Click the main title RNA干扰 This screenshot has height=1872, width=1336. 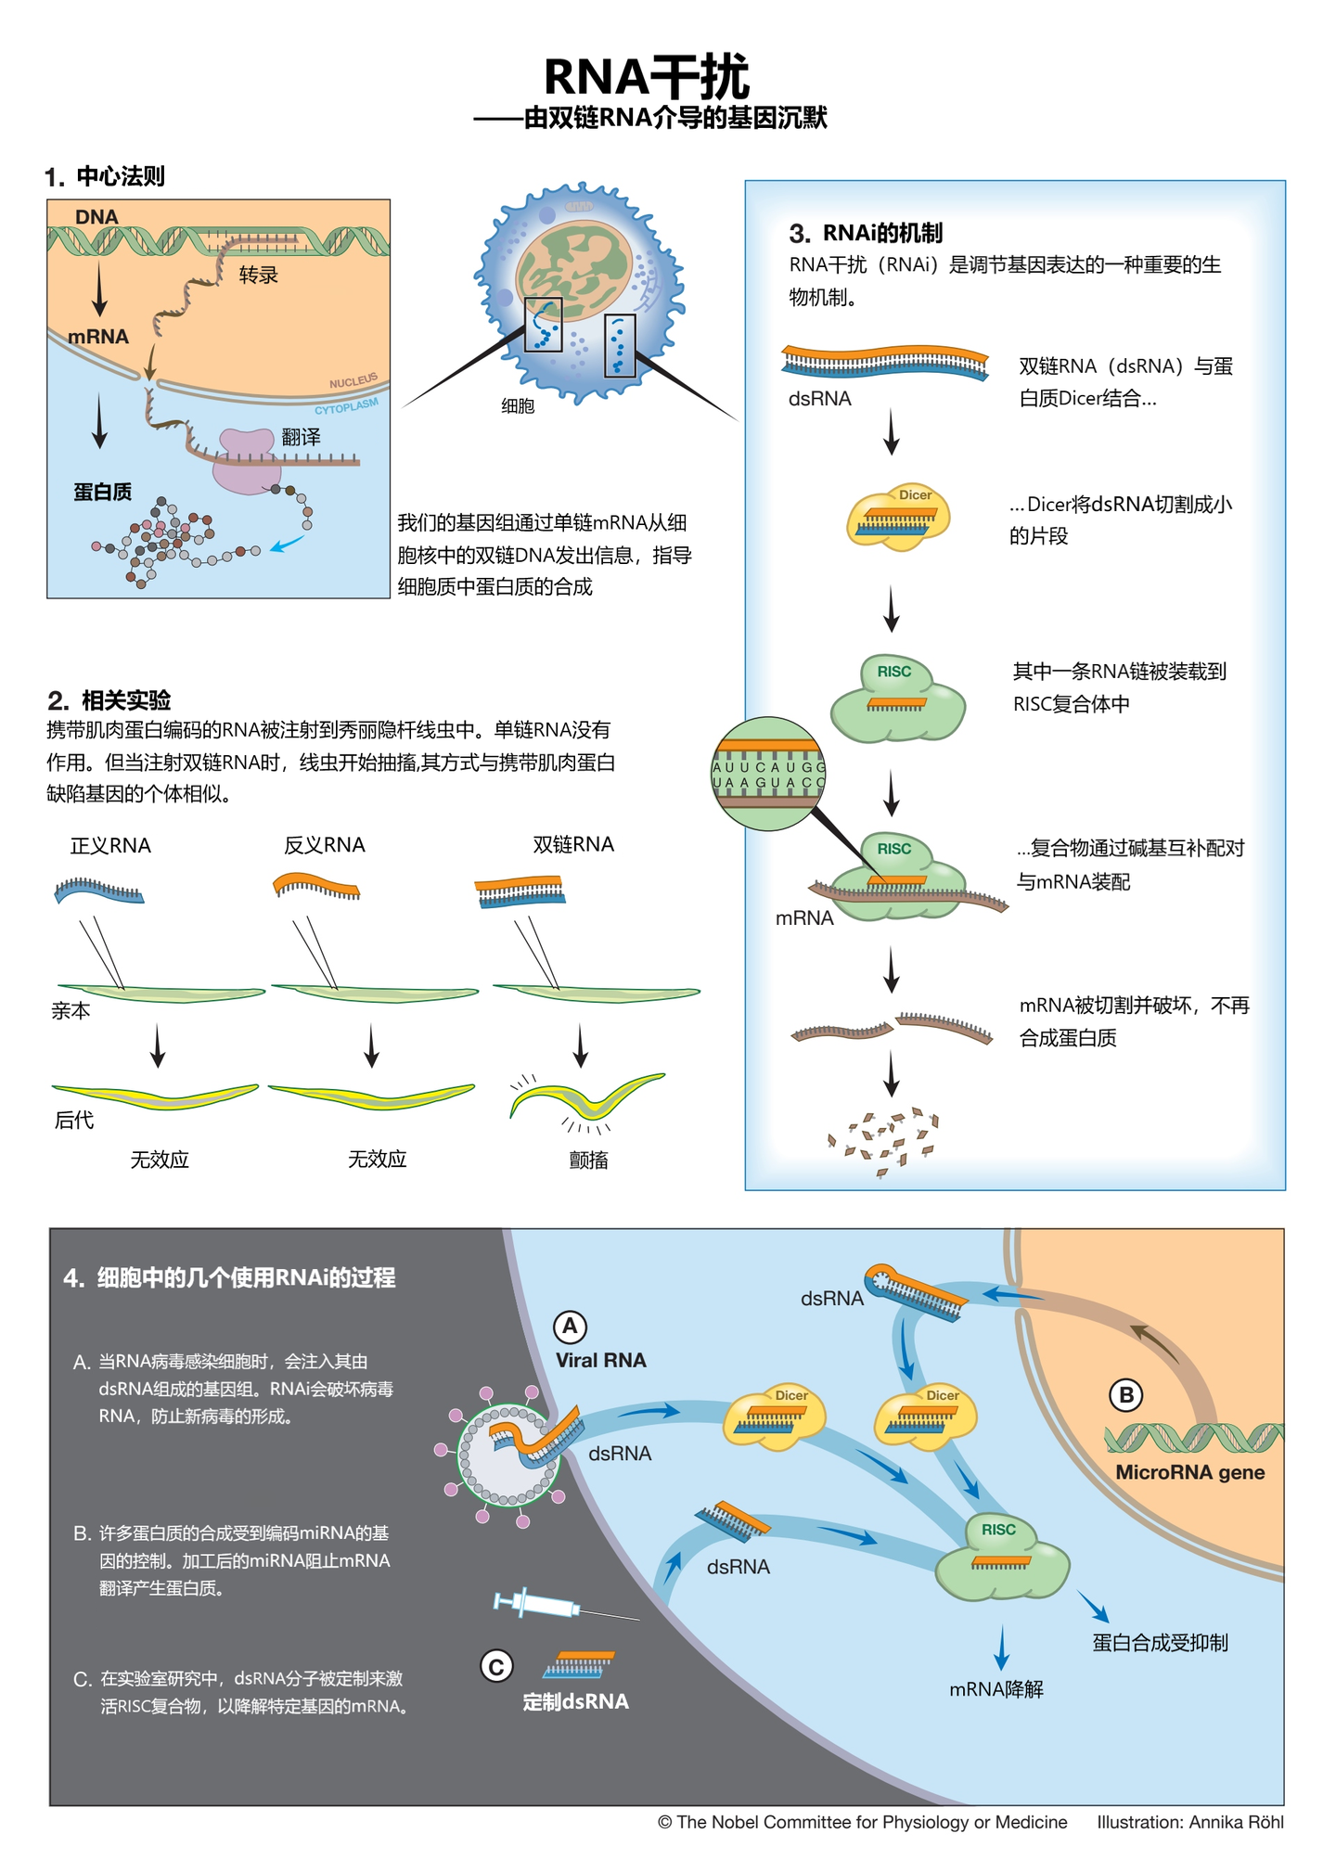(x=646, y=76)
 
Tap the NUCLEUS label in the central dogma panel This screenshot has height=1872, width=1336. (x=353, y=381)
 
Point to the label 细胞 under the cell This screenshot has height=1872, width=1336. (x=518, y=405)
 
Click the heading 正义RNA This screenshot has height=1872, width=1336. (x=110, y=845)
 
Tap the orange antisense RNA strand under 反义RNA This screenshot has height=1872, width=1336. (x=316, y=885)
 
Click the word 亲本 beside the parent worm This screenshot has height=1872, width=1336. (x=71, y=1010)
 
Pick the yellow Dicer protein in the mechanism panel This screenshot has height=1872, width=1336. (x=898, y=517)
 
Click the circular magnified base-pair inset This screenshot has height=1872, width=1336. (x=768, y=774)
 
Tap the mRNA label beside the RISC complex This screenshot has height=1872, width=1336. (x=804, y=917)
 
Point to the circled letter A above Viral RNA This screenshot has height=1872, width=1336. (x=571, y=1327)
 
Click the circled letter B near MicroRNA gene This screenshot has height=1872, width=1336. (x=1126, y=1394)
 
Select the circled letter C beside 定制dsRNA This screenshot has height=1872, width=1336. (x=496, y=1667)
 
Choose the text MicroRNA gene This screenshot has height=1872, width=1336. (x=1189, y=1472)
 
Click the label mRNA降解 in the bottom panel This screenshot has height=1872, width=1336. (x=996, y=1689)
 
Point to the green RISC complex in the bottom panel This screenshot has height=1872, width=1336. (x=1002, y=1558)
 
